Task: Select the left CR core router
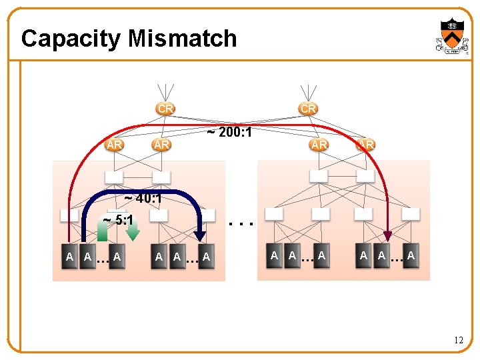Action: pos(165,108)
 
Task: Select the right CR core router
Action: pos(308,108)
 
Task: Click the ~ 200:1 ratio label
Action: pos(229,133)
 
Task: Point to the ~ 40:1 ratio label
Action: pos(143,198)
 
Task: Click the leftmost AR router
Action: pos(114,145)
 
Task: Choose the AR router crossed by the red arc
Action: pos(365,145)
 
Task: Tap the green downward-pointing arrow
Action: pos(133,228)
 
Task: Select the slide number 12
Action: pos(458,341)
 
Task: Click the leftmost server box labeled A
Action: pos(70,257)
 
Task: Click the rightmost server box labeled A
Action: pos(411,256)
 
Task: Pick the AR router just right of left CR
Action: pos(161,145)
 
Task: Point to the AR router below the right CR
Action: pos(319,145)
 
